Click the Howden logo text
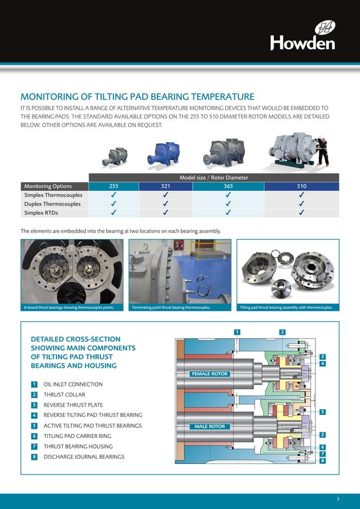pos(302,42)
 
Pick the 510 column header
pos(302,186)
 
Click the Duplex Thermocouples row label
pos(52,204)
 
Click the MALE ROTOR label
pos(210,426)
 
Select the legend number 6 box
pos(34,436)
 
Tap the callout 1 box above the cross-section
pos(238,331)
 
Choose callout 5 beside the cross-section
pos(322,412)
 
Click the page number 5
pos(338,499)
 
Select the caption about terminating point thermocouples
pos(171,308)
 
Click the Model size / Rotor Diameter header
pos(214,178)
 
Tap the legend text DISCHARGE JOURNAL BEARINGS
pos(84,457)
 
